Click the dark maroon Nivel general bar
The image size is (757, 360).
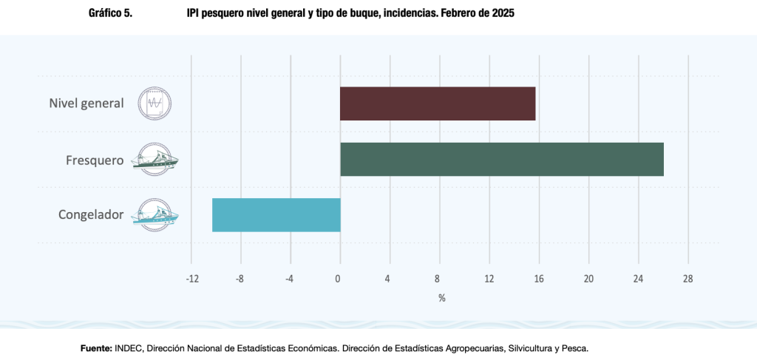(438, 103)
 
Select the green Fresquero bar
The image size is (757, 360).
(501, 159)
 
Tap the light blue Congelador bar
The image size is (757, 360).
(276, 215)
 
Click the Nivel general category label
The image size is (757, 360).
(86, 103)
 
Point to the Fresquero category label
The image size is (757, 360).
(94, 160)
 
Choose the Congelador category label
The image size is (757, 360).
(91, 215)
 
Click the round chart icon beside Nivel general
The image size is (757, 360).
(154, 103)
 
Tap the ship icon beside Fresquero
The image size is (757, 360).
(155, 159)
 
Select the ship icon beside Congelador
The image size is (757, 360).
(155, 215)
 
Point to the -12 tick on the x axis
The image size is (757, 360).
(191, 279)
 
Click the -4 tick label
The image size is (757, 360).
(288, 279)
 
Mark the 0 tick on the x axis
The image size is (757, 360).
(339, 279)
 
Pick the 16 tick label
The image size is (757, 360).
(539, 279)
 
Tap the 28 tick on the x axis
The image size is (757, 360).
(688, 279)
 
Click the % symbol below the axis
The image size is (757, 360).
(441, 298)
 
